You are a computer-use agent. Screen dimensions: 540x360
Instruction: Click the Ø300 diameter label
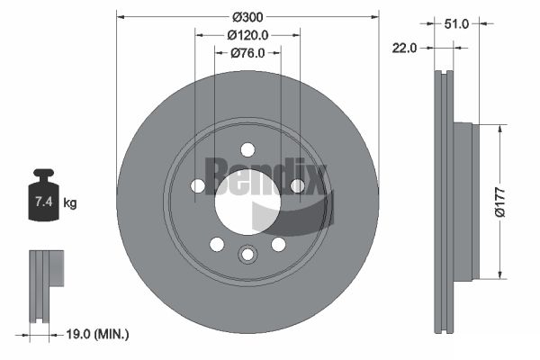pos(247,17)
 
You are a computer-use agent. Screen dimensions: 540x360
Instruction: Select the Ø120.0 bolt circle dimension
pos(247,35)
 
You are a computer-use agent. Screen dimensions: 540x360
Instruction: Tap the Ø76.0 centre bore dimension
pos(247,53)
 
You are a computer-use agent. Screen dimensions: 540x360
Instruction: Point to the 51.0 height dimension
pos(456,23)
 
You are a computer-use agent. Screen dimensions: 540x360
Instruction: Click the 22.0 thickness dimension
pos(404,48)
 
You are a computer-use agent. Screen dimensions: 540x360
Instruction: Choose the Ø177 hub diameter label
pos(499,202)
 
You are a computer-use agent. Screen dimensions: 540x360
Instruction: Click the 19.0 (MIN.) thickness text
pos(97,334)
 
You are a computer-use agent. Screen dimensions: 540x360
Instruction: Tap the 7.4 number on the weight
pos(44,202)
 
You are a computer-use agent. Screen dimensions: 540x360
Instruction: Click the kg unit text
pos(70,202)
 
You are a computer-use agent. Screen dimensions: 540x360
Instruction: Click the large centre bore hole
pos(247,202)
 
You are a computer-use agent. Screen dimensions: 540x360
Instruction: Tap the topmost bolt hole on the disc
pos(247,150)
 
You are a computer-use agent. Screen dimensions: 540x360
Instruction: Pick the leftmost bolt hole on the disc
pos(198,186)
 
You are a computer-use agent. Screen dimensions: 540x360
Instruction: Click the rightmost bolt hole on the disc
pos(298,186)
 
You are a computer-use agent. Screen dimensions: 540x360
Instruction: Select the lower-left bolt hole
pos(217,245)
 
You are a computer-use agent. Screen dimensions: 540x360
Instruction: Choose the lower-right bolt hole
pos(279,245)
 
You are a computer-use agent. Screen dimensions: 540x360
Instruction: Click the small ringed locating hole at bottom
pos(247,255)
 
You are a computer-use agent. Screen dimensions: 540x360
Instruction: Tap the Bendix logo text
pos(266,175)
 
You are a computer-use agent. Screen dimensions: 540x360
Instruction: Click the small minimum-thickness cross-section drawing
pos(47,286)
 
